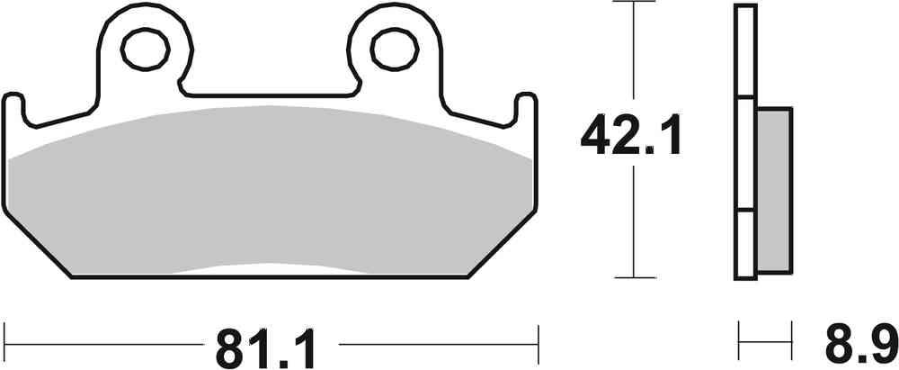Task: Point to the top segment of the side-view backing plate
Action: point(743,50)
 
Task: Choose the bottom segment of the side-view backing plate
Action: point(743,244)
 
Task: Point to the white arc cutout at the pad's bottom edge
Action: point(270,270)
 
